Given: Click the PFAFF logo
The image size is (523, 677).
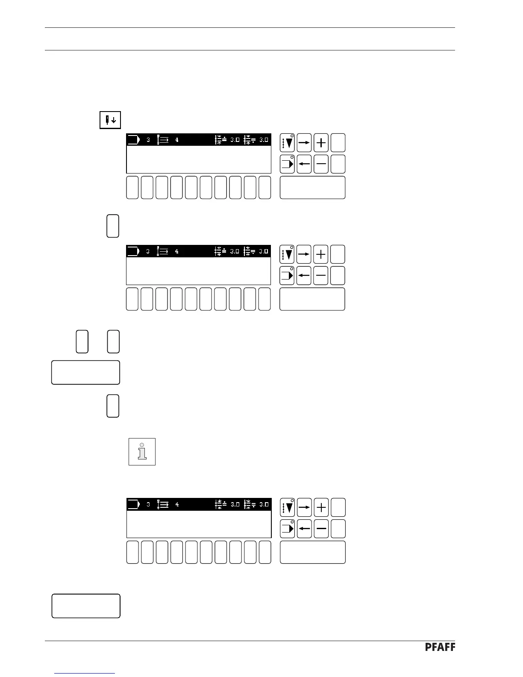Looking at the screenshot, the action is [440, 647].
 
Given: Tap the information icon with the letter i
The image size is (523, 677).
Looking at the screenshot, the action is [142, 451].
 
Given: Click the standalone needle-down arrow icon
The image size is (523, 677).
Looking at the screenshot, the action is [110, 120].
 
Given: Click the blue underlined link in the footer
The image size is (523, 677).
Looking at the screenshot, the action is [85, 673].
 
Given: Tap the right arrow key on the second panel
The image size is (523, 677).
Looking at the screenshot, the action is [304, 254].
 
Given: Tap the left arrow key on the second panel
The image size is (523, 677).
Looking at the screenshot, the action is [304, 276].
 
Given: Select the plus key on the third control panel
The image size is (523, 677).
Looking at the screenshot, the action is [321, 507].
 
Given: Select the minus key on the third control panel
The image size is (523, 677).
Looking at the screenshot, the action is [321, 529].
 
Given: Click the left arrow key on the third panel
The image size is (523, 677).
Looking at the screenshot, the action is [304, 529].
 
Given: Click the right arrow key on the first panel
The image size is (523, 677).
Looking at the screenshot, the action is [304, 143].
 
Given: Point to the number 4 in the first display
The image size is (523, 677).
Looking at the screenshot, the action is [177, 140].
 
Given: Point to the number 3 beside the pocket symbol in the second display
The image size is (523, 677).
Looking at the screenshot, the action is [148, 251].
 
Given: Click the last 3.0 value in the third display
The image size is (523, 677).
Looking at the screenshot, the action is [264, 504].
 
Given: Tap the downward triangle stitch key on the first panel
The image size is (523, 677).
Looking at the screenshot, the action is [287, 143].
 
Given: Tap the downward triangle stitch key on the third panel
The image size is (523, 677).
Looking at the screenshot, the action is [287, 507].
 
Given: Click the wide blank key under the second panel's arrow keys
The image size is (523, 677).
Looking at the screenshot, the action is [312, 299].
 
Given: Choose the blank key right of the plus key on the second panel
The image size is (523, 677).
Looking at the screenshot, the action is [338, 254].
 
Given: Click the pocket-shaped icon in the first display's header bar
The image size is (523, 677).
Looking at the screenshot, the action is [133, 140].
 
